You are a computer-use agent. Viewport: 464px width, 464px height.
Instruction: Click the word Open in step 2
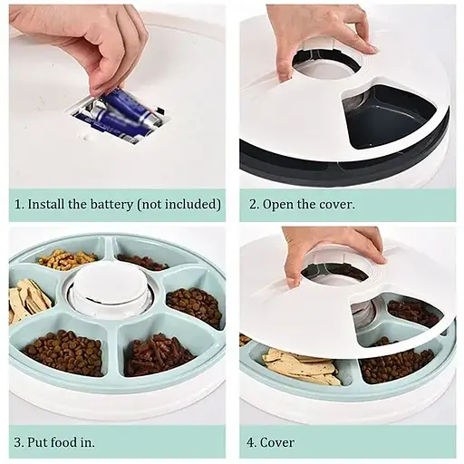[278, 204]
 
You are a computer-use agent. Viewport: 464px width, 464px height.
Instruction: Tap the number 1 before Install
[18, 204]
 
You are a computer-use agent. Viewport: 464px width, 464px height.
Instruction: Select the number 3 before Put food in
[18, 443]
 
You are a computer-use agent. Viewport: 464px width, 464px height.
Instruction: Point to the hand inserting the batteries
[86, 41]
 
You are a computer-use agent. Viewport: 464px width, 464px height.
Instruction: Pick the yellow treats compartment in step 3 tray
[68, 260]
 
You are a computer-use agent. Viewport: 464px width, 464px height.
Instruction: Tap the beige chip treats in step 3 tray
[29, 301]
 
